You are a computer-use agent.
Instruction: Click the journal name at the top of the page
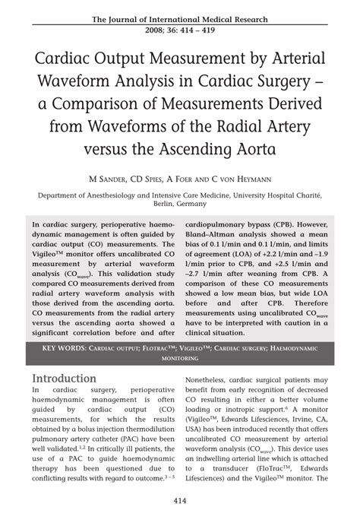[x=179, y=17]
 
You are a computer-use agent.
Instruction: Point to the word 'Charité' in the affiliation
[x=309, y=195]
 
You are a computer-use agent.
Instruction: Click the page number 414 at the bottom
[x=179, y=502]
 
